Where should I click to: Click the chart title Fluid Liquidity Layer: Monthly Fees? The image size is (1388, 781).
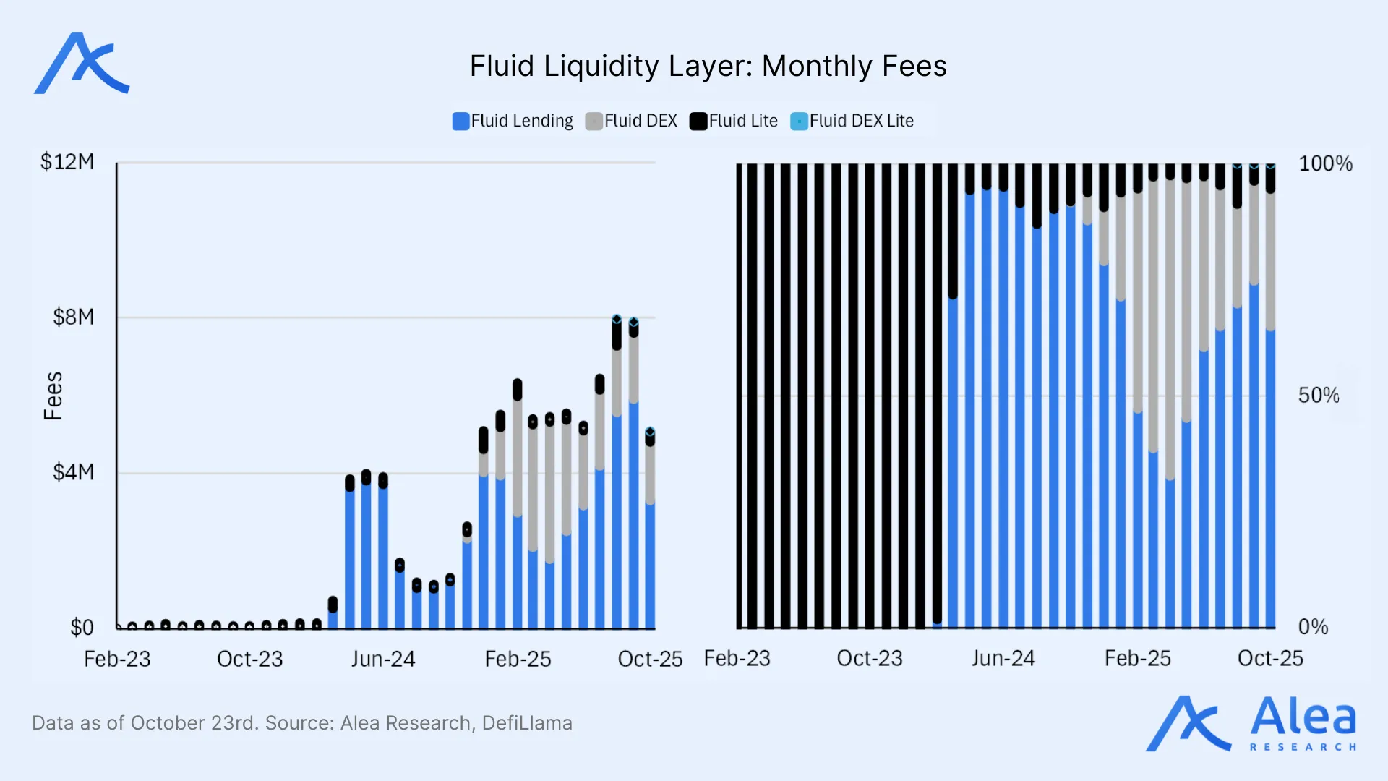click(x=708, y=67)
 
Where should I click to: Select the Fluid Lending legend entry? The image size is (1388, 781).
click(x=513, y=121)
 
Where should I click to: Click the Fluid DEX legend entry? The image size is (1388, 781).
click(x=631, y=121)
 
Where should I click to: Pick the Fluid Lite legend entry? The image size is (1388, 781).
click(x=734, y=121)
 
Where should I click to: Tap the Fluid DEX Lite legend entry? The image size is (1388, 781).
click(x=852, y=121)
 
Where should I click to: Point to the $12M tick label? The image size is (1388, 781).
click(x=67, y=162)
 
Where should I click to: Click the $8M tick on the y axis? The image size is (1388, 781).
click(x=73, y=317)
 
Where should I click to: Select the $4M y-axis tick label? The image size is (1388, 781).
click(x=73, y=472)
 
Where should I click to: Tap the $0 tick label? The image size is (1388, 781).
click(x=82, y=627)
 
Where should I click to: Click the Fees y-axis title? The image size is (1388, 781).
click(x=53, y=396)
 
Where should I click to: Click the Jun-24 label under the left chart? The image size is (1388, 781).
click(x=383, y=659)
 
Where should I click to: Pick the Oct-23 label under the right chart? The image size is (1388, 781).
click(x=870, y=658)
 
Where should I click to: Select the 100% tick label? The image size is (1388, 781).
click(x=1325, y=163)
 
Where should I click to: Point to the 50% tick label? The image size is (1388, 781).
click(x=1318, y=396)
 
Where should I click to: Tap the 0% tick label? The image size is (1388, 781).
click(x=1313, y=627)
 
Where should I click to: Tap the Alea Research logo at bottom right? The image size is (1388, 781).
click(x=1251, y=724)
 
